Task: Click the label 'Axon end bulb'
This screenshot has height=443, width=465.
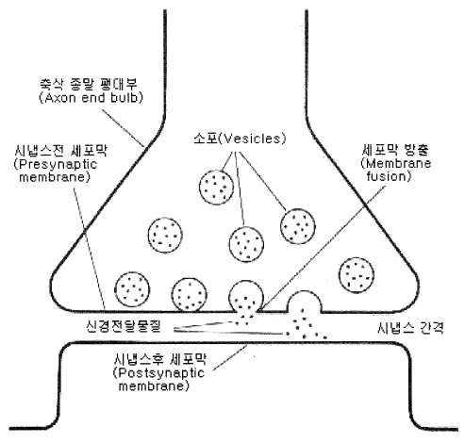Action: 91,98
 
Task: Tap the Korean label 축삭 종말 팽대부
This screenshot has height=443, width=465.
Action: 89,84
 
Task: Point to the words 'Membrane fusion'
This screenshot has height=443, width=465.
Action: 396,170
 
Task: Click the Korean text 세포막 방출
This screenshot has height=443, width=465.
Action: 395,150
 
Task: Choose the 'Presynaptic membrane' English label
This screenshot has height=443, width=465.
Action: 55,171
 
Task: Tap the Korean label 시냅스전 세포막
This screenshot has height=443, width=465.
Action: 60,151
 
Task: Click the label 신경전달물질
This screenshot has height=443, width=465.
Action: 124,326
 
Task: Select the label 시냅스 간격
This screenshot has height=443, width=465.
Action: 410,328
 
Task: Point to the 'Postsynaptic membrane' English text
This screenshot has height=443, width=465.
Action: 158,379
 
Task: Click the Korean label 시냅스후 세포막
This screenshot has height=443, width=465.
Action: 160,359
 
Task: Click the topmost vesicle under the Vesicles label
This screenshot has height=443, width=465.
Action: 217,188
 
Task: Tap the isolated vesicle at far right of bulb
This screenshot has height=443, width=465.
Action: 357,275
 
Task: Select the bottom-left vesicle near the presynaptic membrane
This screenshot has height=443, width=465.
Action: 132,289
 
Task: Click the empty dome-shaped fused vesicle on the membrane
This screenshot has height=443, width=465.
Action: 305,302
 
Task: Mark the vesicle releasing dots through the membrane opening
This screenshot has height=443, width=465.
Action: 246,297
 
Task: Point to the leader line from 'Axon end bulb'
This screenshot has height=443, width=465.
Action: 124,128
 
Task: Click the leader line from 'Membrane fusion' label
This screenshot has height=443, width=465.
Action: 322,249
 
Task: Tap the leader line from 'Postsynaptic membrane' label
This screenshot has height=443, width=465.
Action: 230,357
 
